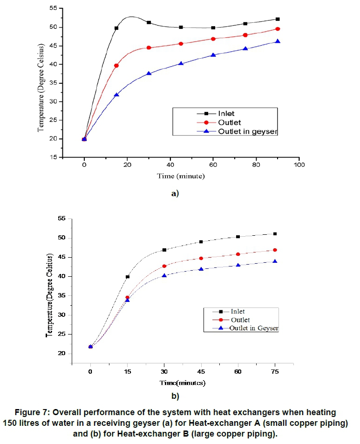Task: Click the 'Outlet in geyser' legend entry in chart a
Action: coord(247,131)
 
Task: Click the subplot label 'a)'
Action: coord(175,193)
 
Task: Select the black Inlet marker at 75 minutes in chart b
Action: coord(275,234)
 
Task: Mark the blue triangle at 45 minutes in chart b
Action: coord(201,269)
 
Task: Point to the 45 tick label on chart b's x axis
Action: coord(201,372)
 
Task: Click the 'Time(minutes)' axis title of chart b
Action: coord(183,383)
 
